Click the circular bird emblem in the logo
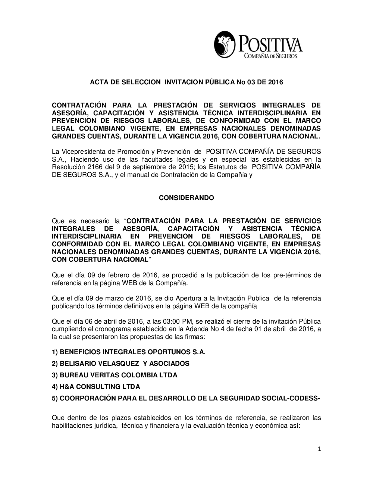225,44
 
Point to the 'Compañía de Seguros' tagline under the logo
270,56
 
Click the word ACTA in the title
98,82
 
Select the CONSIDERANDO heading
186,198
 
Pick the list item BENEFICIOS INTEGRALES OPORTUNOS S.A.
129,352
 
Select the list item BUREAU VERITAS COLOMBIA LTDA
115,375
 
